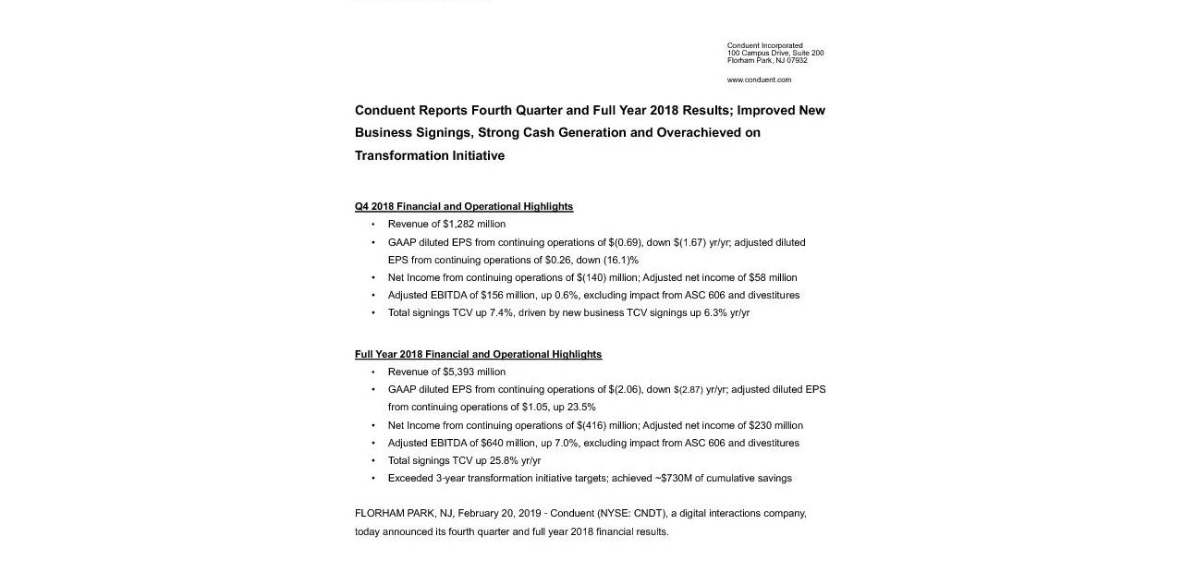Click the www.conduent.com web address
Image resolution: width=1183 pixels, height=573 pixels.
(x=759, y=79)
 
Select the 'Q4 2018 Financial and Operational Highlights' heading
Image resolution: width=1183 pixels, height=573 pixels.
(x=464, y=206)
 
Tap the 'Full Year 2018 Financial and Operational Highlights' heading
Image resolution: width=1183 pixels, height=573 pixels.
(x=478, y=354)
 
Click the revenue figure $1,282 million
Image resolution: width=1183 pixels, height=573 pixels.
(x=474, y=224)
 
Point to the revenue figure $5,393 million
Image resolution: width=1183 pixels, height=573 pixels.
(x=474, y=372)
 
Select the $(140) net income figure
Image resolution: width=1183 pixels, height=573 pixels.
(x=592, y=277)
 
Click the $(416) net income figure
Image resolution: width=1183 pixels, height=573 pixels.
(x=592, y=425)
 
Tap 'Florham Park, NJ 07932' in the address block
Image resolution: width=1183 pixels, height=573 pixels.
(x=767, y=60)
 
